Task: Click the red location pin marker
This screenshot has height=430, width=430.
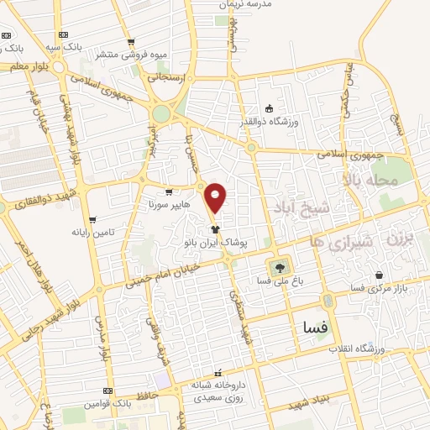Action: tap(217, 197)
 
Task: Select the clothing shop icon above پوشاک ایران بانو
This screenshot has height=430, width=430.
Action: tap(216, 228)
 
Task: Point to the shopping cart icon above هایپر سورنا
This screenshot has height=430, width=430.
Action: tap(169, 191)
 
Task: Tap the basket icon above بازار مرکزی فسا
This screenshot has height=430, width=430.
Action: tap(380, 275)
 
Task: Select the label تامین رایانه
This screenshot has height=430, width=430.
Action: tap(92, 231)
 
